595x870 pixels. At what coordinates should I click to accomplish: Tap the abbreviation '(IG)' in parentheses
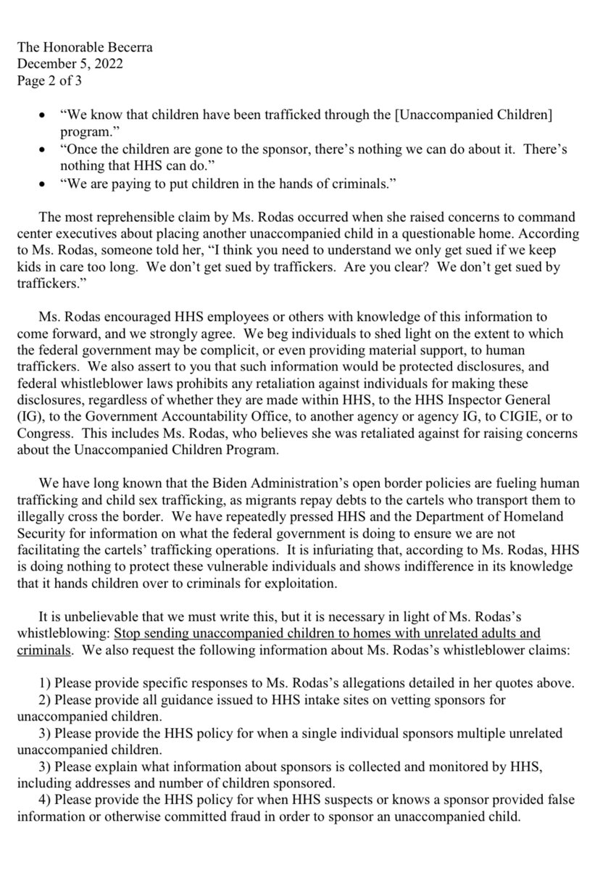click(29, 418)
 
